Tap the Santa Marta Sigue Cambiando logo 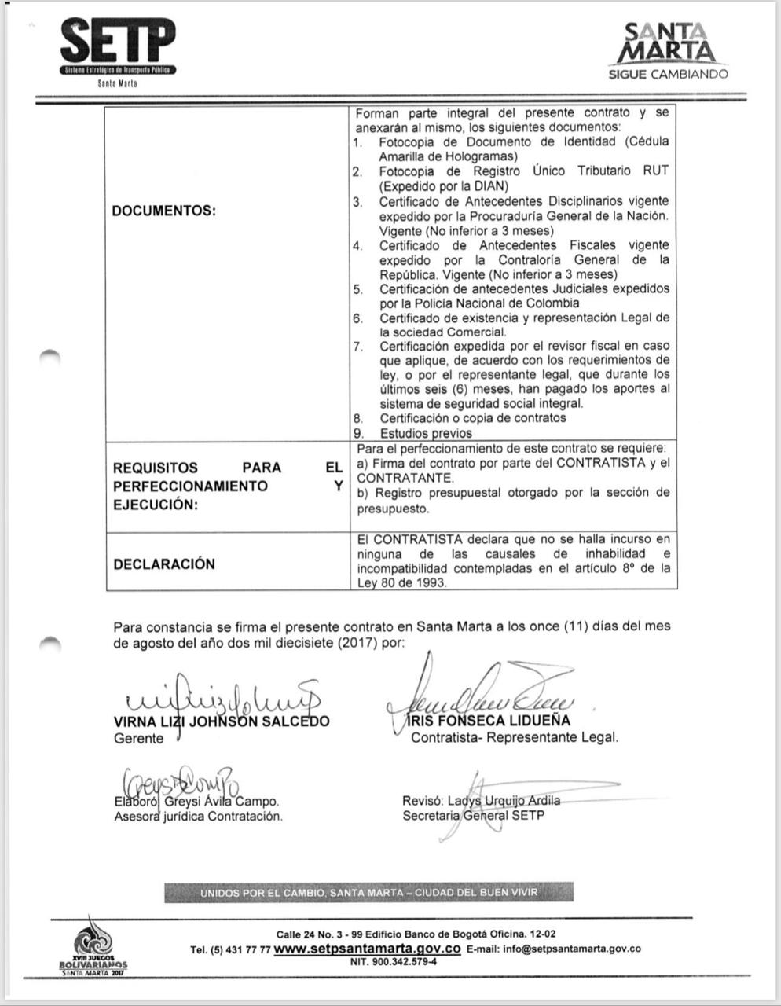pos(669,51)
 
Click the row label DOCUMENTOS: pos(163,211)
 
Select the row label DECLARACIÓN pos(164,564)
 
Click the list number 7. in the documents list pos(357,347)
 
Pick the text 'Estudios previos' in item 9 pos(426,433)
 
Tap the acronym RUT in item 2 pos(655,171)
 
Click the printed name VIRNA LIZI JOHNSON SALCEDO pos(222,721)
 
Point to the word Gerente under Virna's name pos(139,739)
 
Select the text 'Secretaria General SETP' pos(473,816)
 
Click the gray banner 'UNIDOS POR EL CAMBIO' pos(368,893)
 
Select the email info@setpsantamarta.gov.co pos(572,949)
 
